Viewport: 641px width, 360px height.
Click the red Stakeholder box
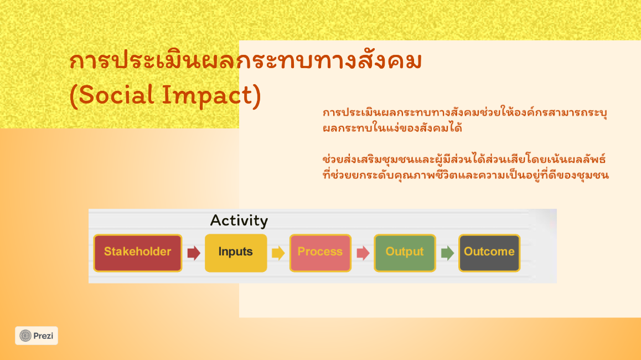tap(138, 253)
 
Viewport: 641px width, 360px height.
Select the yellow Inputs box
tap(236, 253)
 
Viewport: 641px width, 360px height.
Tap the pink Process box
tap(320, 253)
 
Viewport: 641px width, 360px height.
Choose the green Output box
tap(405, 253)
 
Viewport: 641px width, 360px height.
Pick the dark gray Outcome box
tap(489, 253)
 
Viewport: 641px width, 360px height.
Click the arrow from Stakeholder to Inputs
tap(194, 253)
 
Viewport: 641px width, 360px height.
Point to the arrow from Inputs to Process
tap(278, 253)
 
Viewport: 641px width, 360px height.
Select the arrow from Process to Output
tap(363, 253)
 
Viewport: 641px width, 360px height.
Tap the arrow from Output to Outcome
tap(448, 253)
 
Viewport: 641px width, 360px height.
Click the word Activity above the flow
tap(239, 221)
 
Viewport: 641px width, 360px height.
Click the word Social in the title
tap(116, 95)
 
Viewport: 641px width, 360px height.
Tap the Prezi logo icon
tap(25, 336)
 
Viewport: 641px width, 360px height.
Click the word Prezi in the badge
tap(43, 336)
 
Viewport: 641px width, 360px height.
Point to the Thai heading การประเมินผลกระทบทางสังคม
tap(245, 60)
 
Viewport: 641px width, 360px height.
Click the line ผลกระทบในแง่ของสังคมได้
tap(392, 128)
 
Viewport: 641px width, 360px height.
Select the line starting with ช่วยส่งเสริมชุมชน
tap(464, 159)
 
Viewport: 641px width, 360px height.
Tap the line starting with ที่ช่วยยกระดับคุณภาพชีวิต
tap(466, 174)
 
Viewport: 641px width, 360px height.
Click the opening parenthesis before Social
tap(73, 96)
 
